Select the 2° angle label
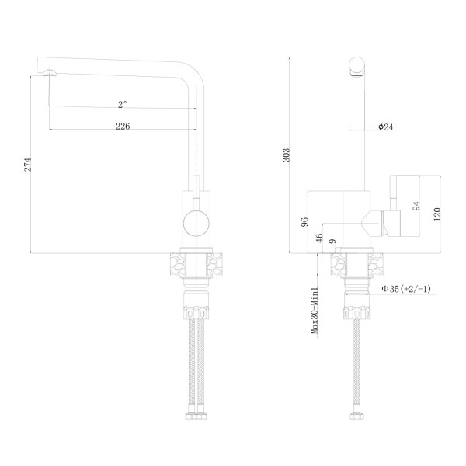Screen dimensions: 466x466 pos(122,102)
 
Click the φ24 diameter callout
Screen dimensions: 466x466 pos(386,127)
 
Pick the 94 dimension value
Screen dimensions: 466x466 pos(417,206)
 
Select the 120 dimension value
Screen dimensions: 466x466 pos(439,214)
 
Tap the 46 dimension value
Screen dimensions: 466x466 pos(319,238)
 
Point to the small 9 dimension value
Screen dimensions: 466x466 pos(332,243)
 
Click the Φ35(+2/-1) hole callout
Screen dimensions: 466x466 pos(406,290)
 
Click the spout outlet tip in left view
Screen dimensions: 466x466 pos(50,72)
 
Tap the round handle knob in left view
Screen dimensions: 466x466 pos(195,223)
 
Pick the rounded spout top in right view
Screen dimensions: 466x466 pos(358,68)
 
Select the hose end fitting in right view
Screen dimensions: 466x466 pos(358,417)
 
